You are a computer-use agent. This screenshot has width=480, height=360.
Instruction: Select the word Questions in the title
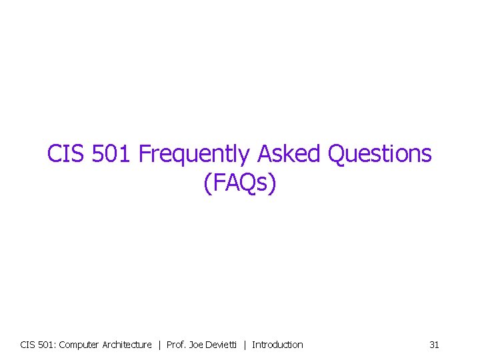[x=379, y=154]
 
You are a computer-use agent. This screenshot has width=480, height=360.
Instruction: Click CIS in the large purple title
[x=65, y=154]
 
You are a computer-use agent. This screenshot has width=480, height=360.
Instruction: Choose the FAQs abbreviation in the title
[x=239, y=183]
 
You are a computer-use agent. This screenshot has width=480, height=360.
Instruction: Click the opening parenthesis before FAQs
[x=207, y=183]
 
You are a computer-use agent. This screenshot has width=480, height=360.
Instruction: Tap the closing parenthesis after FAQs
[x=271, y=183]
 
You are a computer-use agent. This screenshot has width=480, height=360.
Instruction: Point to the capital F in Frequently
[x=144, y=154]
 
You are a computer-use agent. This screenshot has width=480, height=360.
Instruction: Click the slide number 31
[x=434, y=345]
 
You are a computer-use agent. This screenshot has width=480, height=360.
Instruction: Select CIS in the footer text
[x=28, y=345]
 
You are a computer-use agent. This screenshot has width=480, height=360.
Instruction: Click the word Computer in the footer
[x=80, y=345]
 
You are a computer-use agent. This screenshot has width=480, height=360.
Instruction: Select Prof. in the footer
[x=176, y=345]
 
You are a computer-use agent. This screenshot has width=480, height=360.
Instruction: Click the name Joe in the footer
[x=197, y=345]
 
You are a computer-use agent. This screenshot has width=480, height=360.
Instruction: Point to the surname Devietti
[x=222, y=345]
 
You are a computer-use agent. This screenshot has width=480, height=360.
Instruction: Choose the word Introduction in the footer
[x=277, y=345]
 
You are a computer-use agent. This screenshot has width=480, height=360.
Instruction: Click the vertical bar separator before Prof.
[x=159, y=345]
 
